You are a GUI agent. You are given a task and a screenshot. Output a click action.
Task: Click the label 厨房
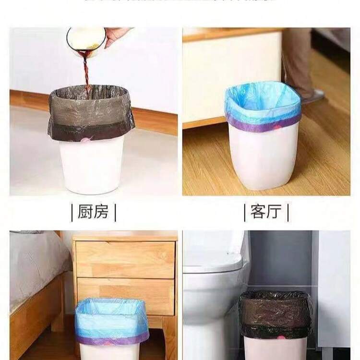click(93, 211)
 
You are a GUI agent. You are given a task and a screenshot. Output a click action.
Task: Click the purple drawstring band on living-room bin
click(263, 126)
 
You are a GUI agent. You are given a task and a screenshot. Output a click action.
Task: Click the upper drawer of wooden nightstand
click(125, 259)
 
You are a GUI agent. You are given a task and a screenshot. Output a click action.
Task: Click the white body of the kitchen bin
click(91, 166)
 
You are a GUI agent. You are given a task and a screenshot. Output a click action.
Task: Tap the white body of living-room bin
click(263, 161)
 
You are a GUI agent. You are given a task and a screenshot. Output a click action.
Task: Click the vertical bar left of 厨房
click(72, 212)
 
